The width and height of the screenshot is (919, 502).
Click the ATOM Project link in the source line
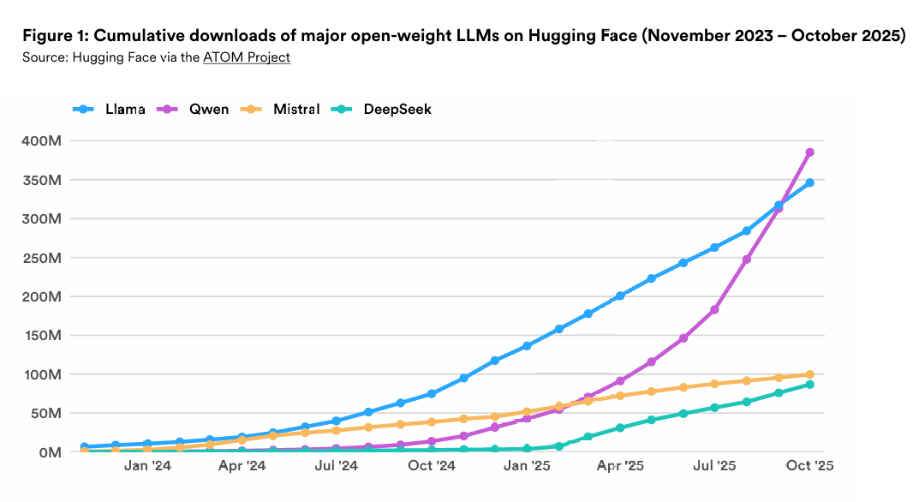coord(247,57)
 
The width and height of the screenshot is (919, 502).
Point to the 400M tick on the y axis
coord(41,141)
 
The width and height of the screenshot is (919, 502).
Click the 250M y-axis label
coord(41,258)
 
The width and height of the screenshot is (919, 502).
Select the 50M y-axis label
coord(45,413)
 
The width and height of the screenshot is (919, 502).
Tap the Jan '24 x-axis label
coord(147,466)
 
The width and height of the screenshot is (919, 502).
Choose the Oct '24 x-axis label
coord(432,466)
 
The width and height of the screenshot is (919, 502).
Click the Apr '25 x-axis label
coord(620,466)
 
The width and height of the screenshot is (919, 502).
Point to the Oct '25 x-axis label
coord(809,466)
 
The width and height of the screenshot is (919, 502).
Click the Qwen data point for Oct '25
coord(809,152)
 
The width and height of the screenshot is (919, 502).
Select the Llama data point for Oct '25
coord(809,182)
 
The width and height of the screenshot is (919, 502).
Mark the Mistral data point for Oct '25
coord(809,374)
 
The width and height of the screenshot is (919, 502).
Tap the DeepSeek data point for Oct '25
coord(809,385)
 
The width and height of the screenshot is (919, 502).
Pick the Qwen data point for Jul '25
coord(715,309)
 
